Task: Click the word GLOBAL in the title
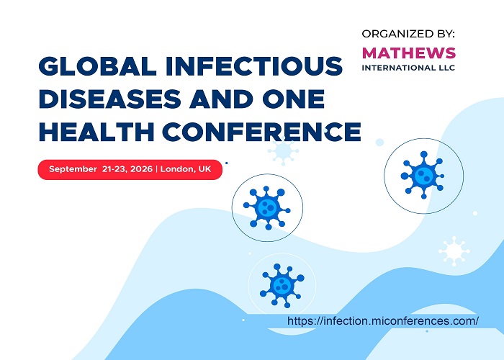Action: (x=97, y=66)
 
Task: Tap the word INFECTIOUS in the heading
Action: (x=254, y=66)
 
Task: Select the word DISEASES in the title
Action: (x=110, y=99)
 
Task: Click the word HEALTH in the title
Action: (x=96, y=132)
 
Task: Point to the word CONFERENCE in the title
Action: (x=262, y=132)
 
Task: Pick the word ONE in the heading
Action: (x=294, y=99)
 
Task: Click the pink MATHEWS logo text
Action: (x=409, y=53)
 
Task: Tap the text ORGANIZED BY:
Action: (x=408, y=34)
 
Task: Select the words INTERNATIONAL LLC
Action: (x=408, y=68)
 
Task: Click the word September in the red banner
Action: (x=73, y=169)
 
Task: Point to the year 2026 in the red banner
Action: (x=142, y=169)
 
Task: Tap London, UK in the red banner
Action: (x=186, y=169)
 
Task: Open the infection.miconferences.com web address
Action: (x=383, y=321)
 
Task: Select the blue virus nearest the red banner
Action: (x=267, y=207)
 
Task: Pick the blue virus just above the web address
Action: (x=282, y=285)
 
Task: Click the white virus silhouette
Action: (x=454, y=251)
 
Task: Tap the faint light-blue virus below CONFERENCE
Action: (x=283, y=150)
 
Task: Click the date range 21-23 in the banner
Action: (x=114, y=169)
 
